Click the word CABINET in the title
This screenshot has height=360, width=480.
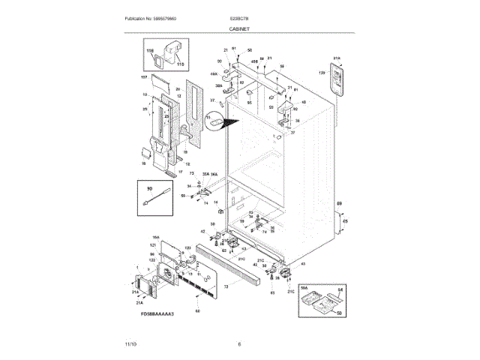pos(240,28)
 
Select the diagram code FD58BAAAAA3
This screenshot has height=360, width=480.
pos(156,315)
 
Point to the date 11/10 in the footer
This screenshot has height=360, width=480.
pos(130,344)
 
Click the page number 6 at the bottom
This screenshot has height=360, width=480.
pos(239,344)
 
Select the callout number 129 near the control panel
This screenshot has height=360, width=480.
pos(322,73)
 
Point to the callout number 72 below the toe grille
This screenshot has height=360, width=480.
pos(225,287)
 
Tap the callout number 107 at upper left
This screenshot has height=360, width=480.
pos(143,78)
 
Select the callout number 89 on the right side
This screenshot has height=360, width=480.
pos(338,203)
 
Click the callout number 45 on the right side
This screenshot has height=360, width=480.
pos(344,221)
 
